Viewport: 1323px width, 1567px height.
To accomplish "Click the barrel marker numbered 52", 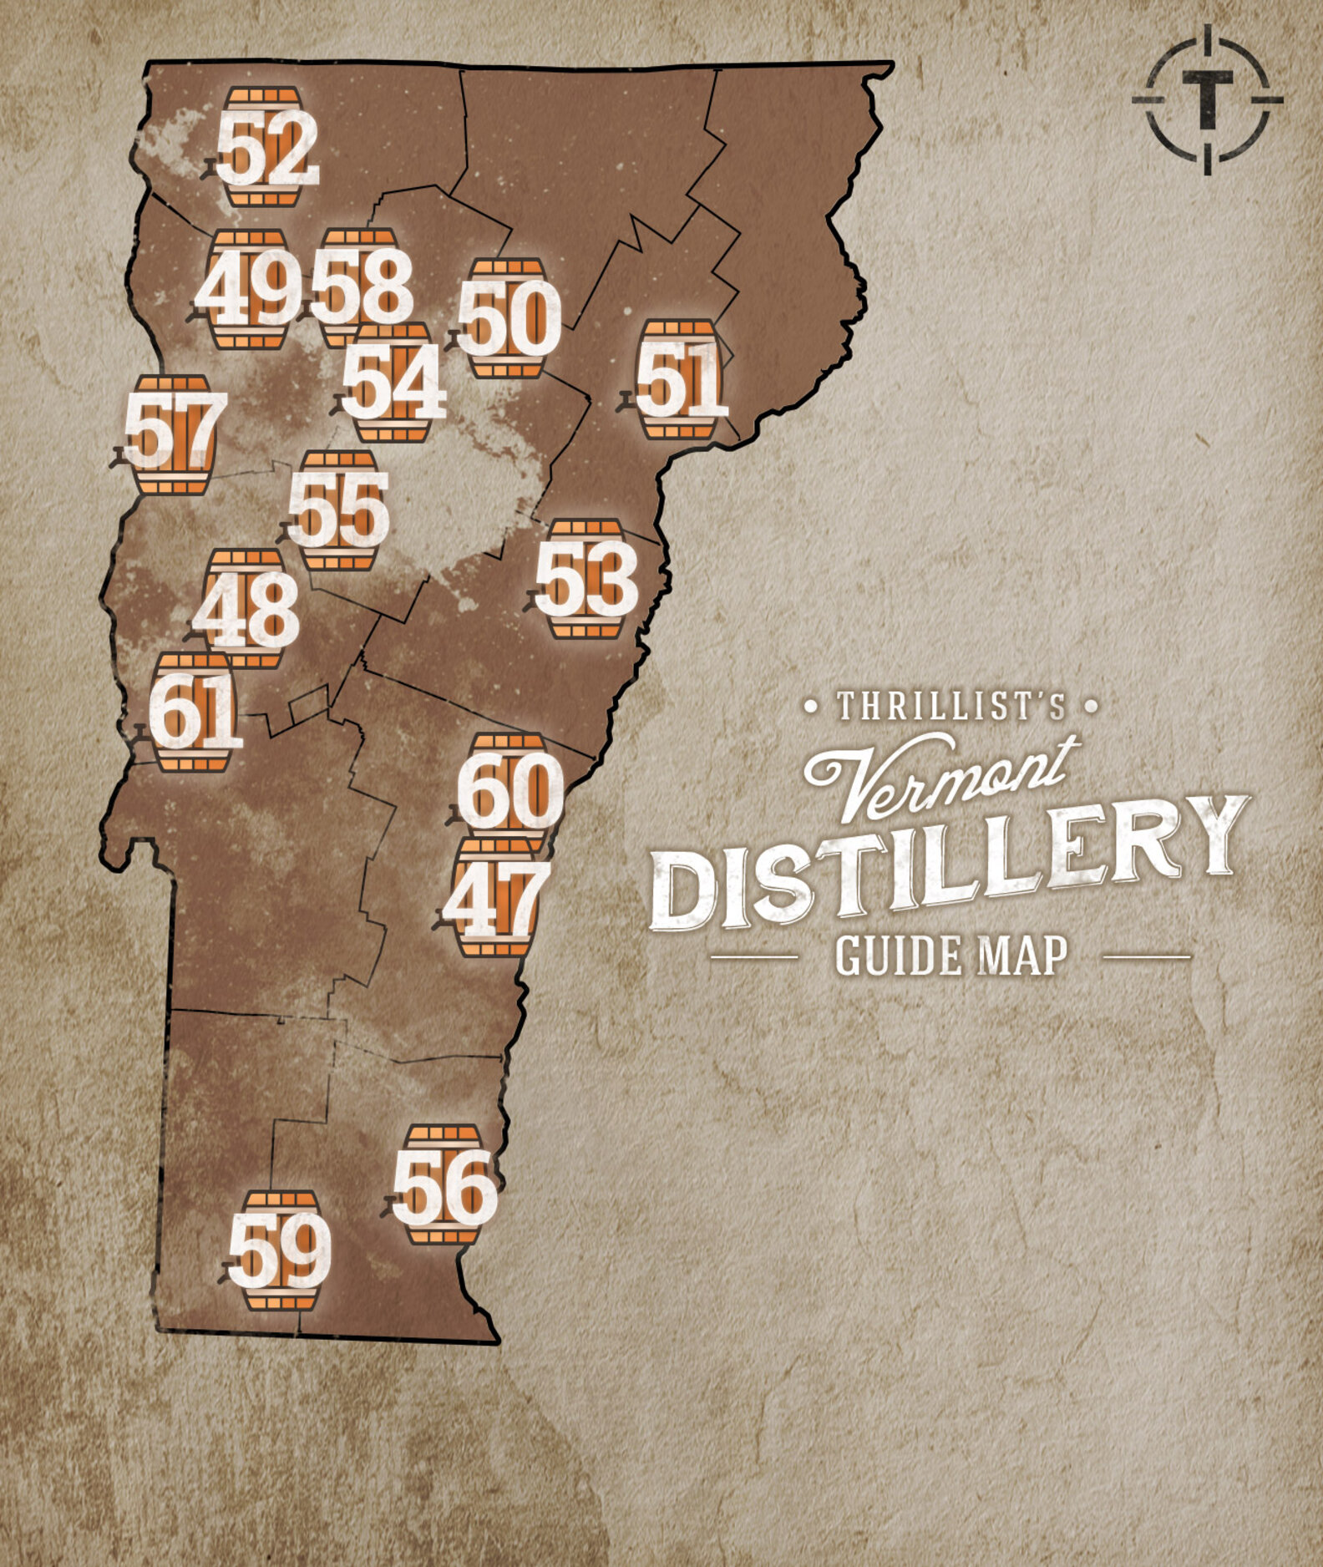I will coord(264,148).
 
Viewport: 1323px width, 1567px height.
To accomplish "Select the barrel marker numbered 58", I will coord(361,286).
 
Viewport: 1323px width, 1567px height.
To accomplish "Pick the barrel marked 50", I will coord(507,318).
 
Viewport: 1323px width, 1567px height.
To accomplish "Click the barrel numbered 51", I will coord(679,380).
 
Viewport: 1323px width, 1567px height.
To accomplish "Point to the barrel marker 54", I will coord(393,383).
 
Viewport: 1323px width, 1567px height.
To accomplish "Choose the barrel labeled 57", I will coord(174,435).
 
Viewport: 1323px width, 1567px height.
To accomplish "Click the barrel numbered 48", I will coord(246,609).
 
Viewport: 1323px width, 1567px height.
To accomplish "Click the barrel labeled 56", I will coord(444,1185).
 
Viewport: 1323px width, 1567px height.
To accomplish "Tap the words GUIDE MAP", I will coord(950,956).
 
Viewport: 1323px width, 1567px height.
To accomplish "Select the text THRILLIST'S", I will coord(950,707).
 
